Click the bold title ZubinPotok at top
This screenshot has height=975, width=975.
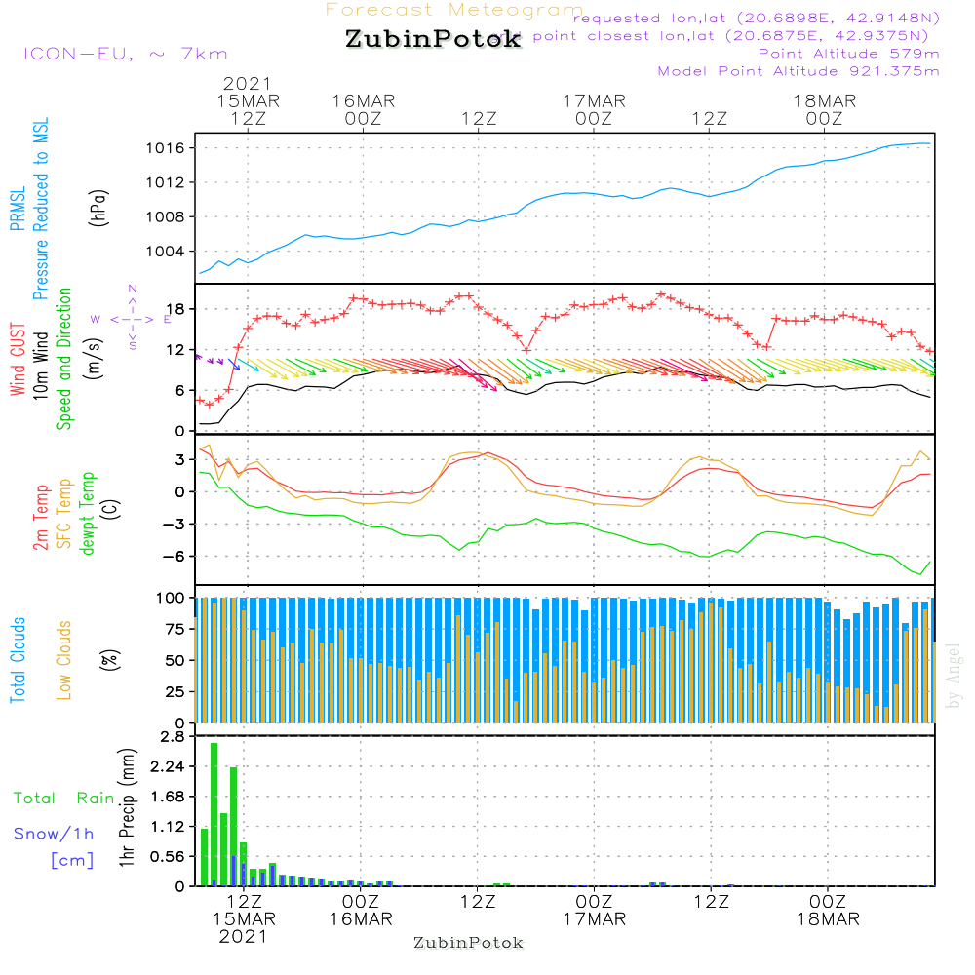(x=433, y=40)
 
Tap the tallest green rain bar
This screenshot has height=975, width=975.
(x=214, y=814)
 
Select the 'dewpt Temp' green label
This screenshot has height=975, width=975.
(x=88, y=514)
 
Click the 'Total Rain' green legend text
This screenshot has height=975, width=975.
(x=63, y=799)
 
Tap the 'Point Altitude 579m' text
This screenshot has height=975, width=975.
(x=848, y=53)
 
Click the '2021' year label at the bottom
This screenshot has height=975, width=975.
(x=244, y=936)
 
